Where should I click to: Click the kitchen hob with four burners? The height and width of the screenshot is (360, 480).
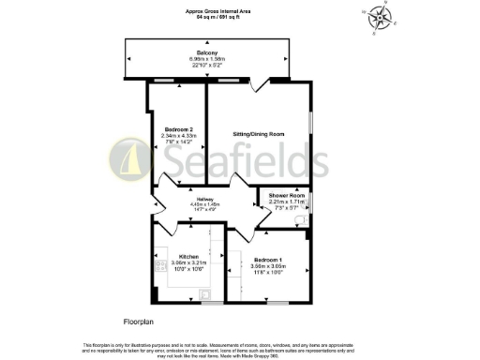pos(161,254)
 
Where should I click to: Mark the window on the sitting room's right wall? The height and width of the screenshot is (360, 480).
pos(312,131)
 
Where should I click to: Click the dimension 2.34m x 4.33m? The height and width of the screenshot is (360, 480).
pos(178,135)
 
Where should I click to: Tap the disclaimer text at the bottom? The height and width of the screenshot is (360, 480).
pos(240,348)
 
